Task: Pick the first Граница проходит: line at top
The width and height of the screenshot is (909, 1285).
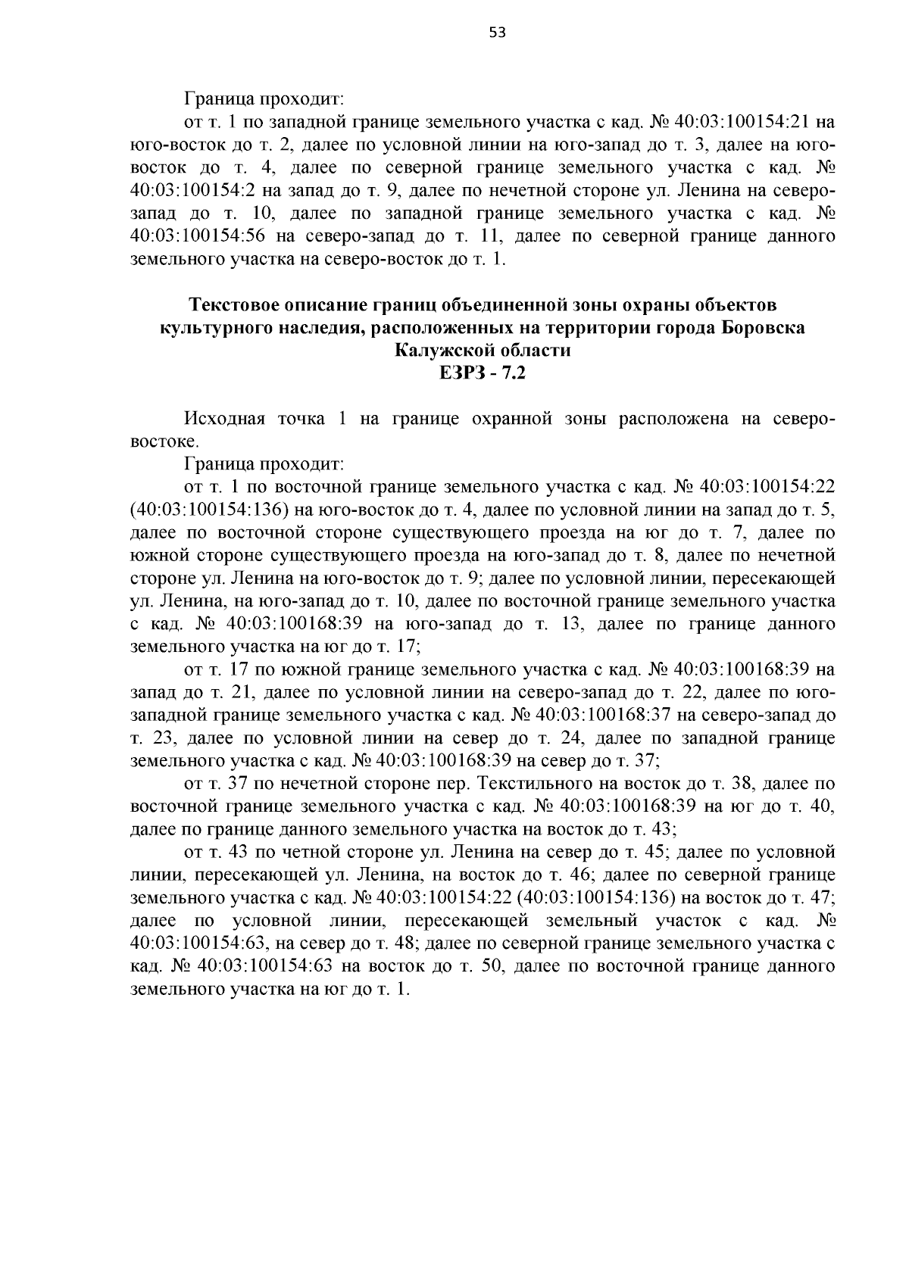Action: pyautogui.click(x=264, y=99)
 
